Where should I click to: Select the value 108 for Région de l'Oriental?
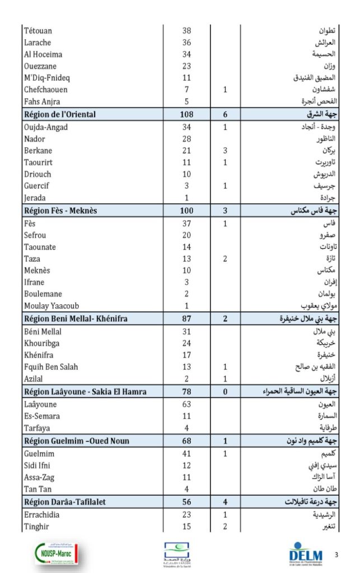(x=186, y=114)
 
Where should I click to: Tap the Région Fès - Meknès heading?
(x=60, y=210)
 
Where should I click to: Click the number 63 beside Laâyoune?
(x=186, y=404)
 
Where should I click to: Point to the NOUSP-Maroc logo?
(x=56, y=553)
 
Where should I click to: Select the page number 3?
(x=336, y=555)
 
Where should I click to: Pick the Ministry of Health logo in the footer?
(x=176, y=554)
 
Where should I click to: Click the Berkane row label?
(x=38, y=151)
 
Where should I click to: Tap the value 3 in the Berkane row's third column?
(x=225, y=151)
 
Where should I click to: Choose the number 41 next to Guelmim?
(x=186, y=454)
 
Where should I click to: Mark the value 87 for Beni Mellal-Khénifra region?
(x=186, y=318)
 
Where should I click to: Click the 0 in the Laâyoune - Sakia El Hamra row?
(x=225, y=392)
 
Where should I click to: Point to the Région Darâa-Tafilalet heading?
(x=64, y=502)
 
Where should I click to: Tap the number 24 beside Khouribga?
(x=186, y=343)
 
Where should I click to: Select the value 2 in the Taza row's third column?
(x=225, y=259)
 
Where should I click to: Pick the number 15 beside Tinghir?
(x=186, y=527)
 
